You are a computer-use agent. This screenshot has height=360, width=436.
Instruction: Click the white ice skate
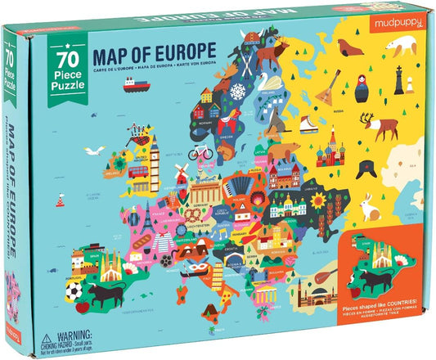click(x=308, y=122)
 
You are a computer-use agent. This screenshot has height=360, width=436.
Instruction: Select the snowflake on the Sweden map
click(x=236, y=92)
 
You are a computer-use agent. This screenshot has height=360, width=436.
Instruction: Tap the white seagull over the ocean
click(x=99, y=173)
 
